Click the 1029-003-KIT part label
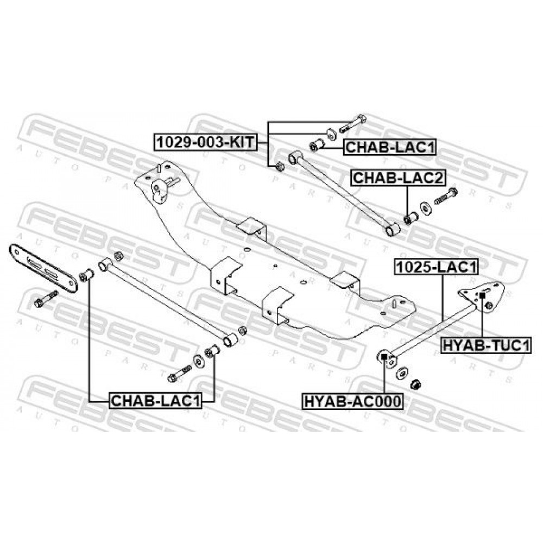click(x=206, y=142)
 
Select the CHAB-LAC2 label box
click(x=398, y=178)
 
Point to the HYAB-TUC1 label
click(x=486, y=345)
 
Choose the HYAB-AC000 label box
click(x=352, y=401)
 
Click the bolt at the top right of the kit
click(x=353, y=123)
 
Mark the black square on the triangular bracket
click(x=482, y=295)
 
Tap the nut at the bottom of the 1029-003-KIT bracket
click(x=280, y=167)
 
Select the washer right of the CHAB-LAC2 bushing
click(x=426, y=208)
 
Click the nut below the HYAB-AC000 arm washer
click(x=416, y=384)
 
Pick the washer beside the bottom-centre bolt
click(x=199, y=362)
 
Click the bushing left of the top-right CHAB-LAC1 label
click(x=316, y=145)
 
